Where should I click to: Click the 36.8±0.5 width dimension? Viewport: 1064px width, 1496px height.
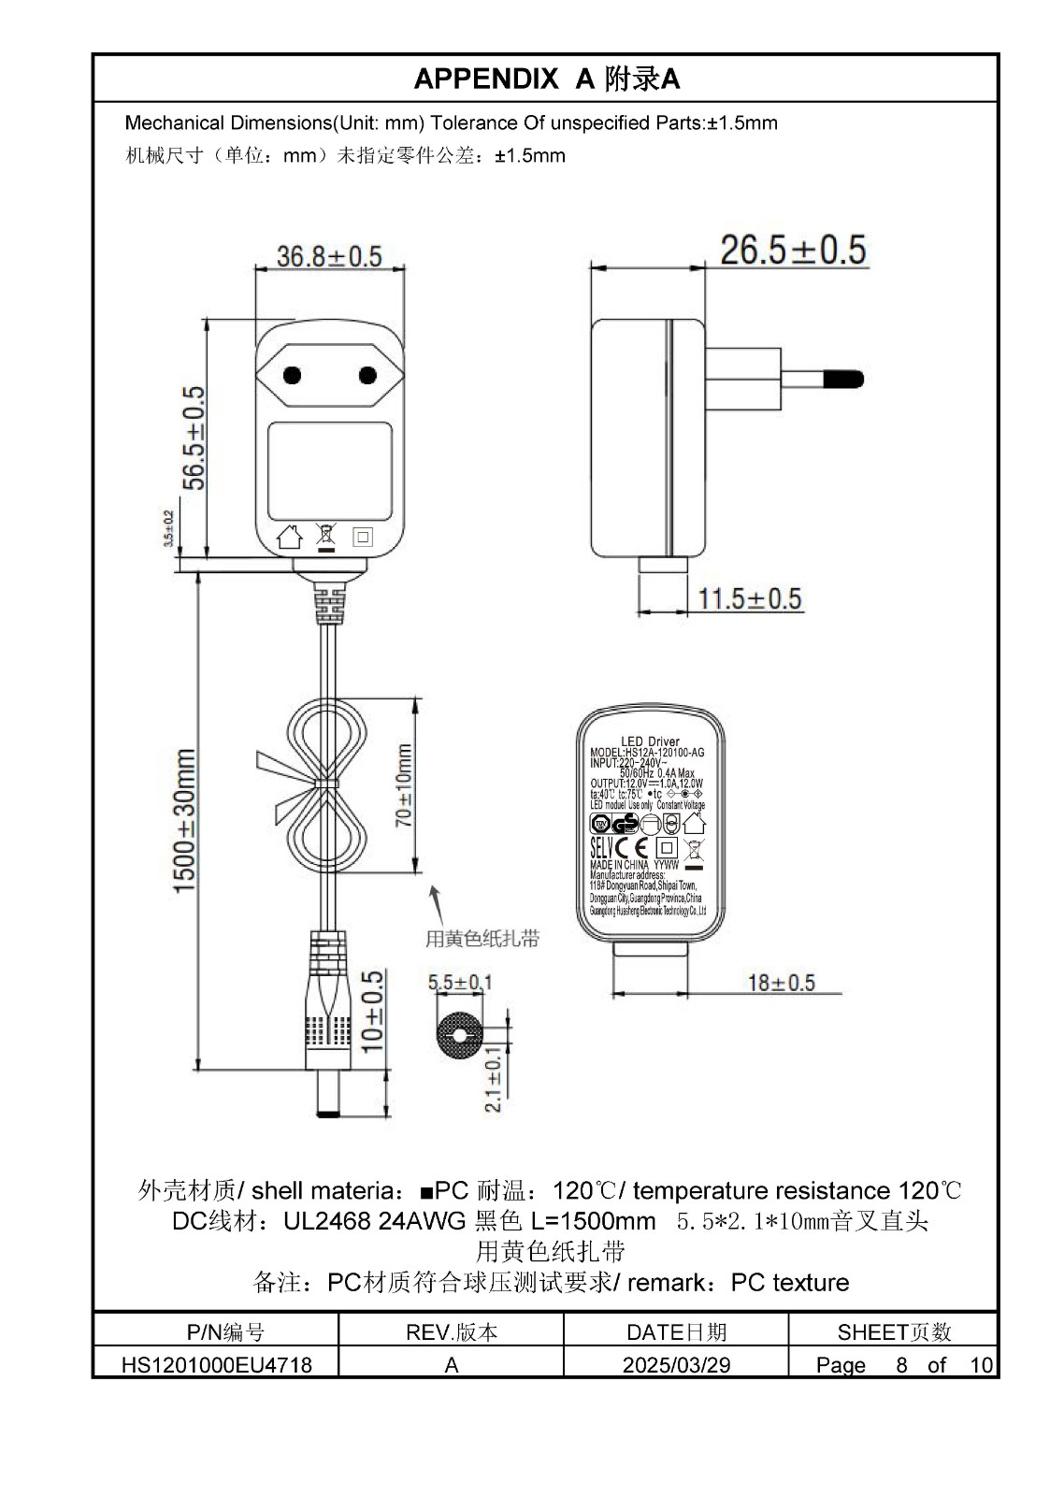click(x=329, y=255)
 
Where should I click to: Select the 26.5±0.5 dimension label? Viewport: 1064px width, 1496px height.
click(x=793, y=250)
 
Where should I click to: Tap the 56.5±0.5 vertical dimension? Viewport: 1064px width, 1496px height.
click(x=193, y=438)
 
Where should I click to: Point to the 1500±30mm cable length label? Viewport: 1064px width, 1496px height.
click(x=184, y=820)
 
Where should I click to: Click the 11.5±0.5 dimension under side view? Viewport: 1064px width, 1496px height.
click(x=750, y=598)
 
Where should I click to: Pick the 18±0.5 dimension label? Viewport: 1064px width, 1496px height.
click(x=781, y=982)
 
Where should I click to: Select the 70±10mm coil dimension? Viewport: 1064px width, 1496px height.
click(x=404, y=785)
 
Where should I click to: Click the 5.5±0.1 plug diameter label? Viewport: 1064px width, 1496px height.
click(x=460, y=982)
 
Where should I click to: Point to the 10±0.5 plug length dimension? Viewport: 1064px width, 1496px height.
click(x=373, y=1012)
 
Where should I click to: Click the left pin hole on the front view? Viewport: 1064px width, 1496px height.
click(x=293, y=376)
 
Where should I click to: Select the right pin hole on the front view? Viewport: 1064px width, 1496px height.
click(x=367, y=376)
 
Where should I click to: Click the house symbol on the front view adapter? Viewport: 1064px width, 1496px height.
click(x=290, y=537)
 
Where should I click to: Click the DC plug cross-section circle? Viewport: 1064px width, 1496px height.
click(x=459, y=1036)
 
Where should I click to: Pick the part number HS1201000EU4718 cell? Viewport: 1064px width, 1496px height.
click(x=216, y=1364)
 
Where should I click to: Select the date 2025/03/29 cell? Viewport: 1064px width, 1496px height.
click(x=676, y=1364)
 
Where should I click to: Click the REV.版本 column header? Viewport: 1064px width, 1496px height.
click(x=451, y=1331)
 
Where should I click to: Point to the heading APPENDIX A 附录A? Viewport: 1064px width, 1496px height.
click(x=546, y=79)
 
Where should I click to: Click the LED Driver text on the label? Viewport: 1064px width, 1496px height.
click(x=650, y=741)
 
